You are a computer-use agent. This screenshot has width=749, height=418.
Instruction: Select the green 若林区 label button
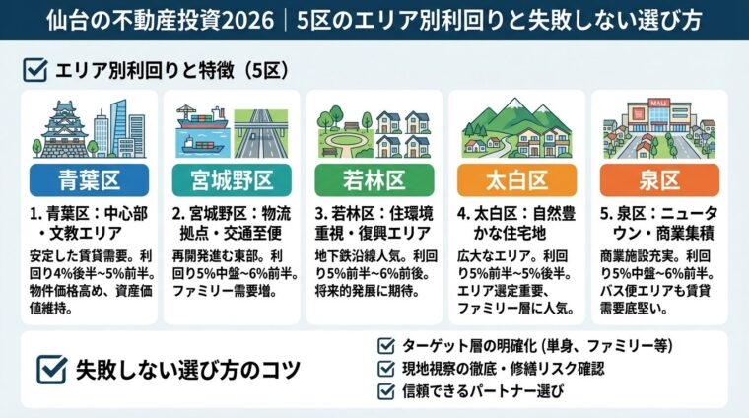(374, 181)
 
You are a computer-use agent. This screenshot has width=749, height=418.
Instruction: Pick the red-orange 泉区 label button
(656, 181)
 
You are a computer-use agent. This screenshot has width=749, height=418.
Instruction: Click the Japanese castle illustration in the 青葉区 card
(61, 128)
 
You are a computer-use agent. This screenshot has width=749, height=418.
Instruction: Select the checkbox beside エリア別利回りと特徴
(33, 70)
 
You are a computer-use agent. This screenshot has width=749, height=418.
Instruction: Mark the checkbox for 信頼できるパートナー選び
(386, 390)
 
